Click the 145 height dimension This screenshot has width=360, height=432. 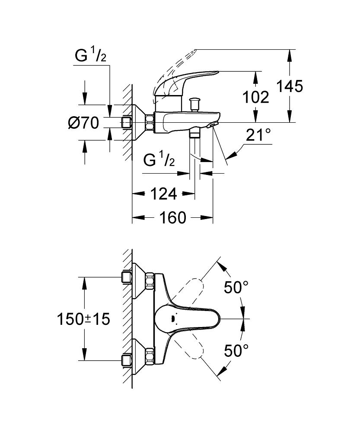[x=290, y=86]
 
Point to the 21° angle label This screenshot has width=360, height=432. [x=259, y=136]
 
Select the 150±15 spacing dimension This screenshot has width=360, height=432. [x=83, y=319]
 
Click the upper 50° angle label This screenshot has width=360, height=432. [x=236, y=287]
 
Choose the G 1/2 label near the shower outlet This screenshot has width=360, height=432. [x=159, y=161]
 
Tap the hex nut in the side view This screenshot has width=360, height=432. [x=150, y=122]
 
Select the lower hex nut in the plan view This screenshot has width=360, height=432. [x=150, y=356]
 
